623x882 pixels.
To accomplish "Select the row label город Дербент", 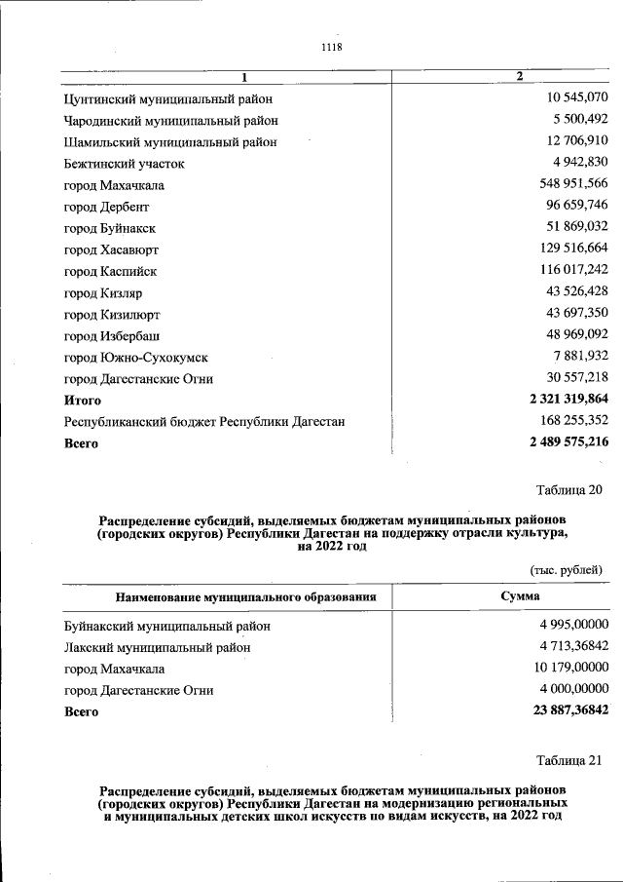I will coord(107,208).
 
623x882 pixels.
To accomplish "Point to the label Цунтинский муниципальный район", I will coord(168,99).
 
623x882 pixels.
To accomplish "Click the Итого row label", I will coord(83,401).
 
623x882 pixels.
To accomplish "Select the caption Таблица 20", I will coord(569,489).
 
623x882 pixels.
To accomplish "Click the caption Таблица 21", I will coord(569,760).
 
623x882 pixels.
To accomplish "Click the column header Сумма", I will coord(521,596).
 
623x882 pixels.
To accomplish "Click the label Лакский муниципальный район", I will coord(158,647).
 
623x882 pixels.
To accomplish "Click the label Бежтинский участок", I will coord(124,164).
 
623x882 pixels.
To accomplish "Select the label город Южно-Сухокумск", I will coord(136,358).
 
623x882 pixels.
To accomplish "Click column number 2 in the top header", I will coord(520,76).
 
